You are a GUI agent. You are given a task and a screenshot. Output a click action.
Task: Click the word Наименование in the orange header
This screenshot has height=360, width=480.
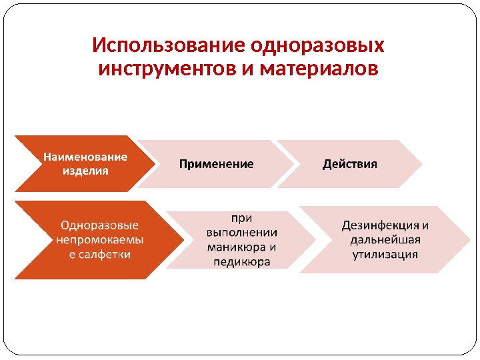click(x=85, y=157)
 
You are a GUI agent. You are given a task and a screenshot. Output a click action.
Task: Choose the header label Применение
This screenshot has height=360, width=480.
click(x=217, y=164)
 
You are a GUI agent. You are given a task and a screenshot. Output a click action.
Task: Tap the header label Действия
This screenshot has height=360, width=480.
click(x=350, y=164)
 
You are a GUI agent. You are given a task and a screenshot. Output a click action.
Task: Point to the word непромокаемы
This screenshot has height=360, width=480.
click(x=100, y=239)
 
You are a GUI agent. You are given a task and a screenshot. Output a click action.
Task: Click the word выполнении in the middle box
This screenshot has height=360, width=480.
click(x=242, y=232)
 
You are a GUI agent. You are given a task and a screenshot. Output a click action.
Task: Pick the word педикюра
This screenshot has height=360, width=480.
click(x=242, y=262)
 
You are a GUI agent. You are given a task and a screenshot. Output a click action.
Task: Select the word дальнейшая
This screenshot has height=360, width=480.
click(x=385, y=239)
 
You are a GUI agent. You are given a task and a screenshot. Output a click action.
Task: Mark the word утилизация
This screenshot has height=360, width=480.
click(x=385, y=254)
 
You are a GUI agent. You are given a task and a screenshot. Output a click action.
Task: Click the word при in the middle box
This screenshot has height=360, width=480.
click(x=242, y=217)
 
